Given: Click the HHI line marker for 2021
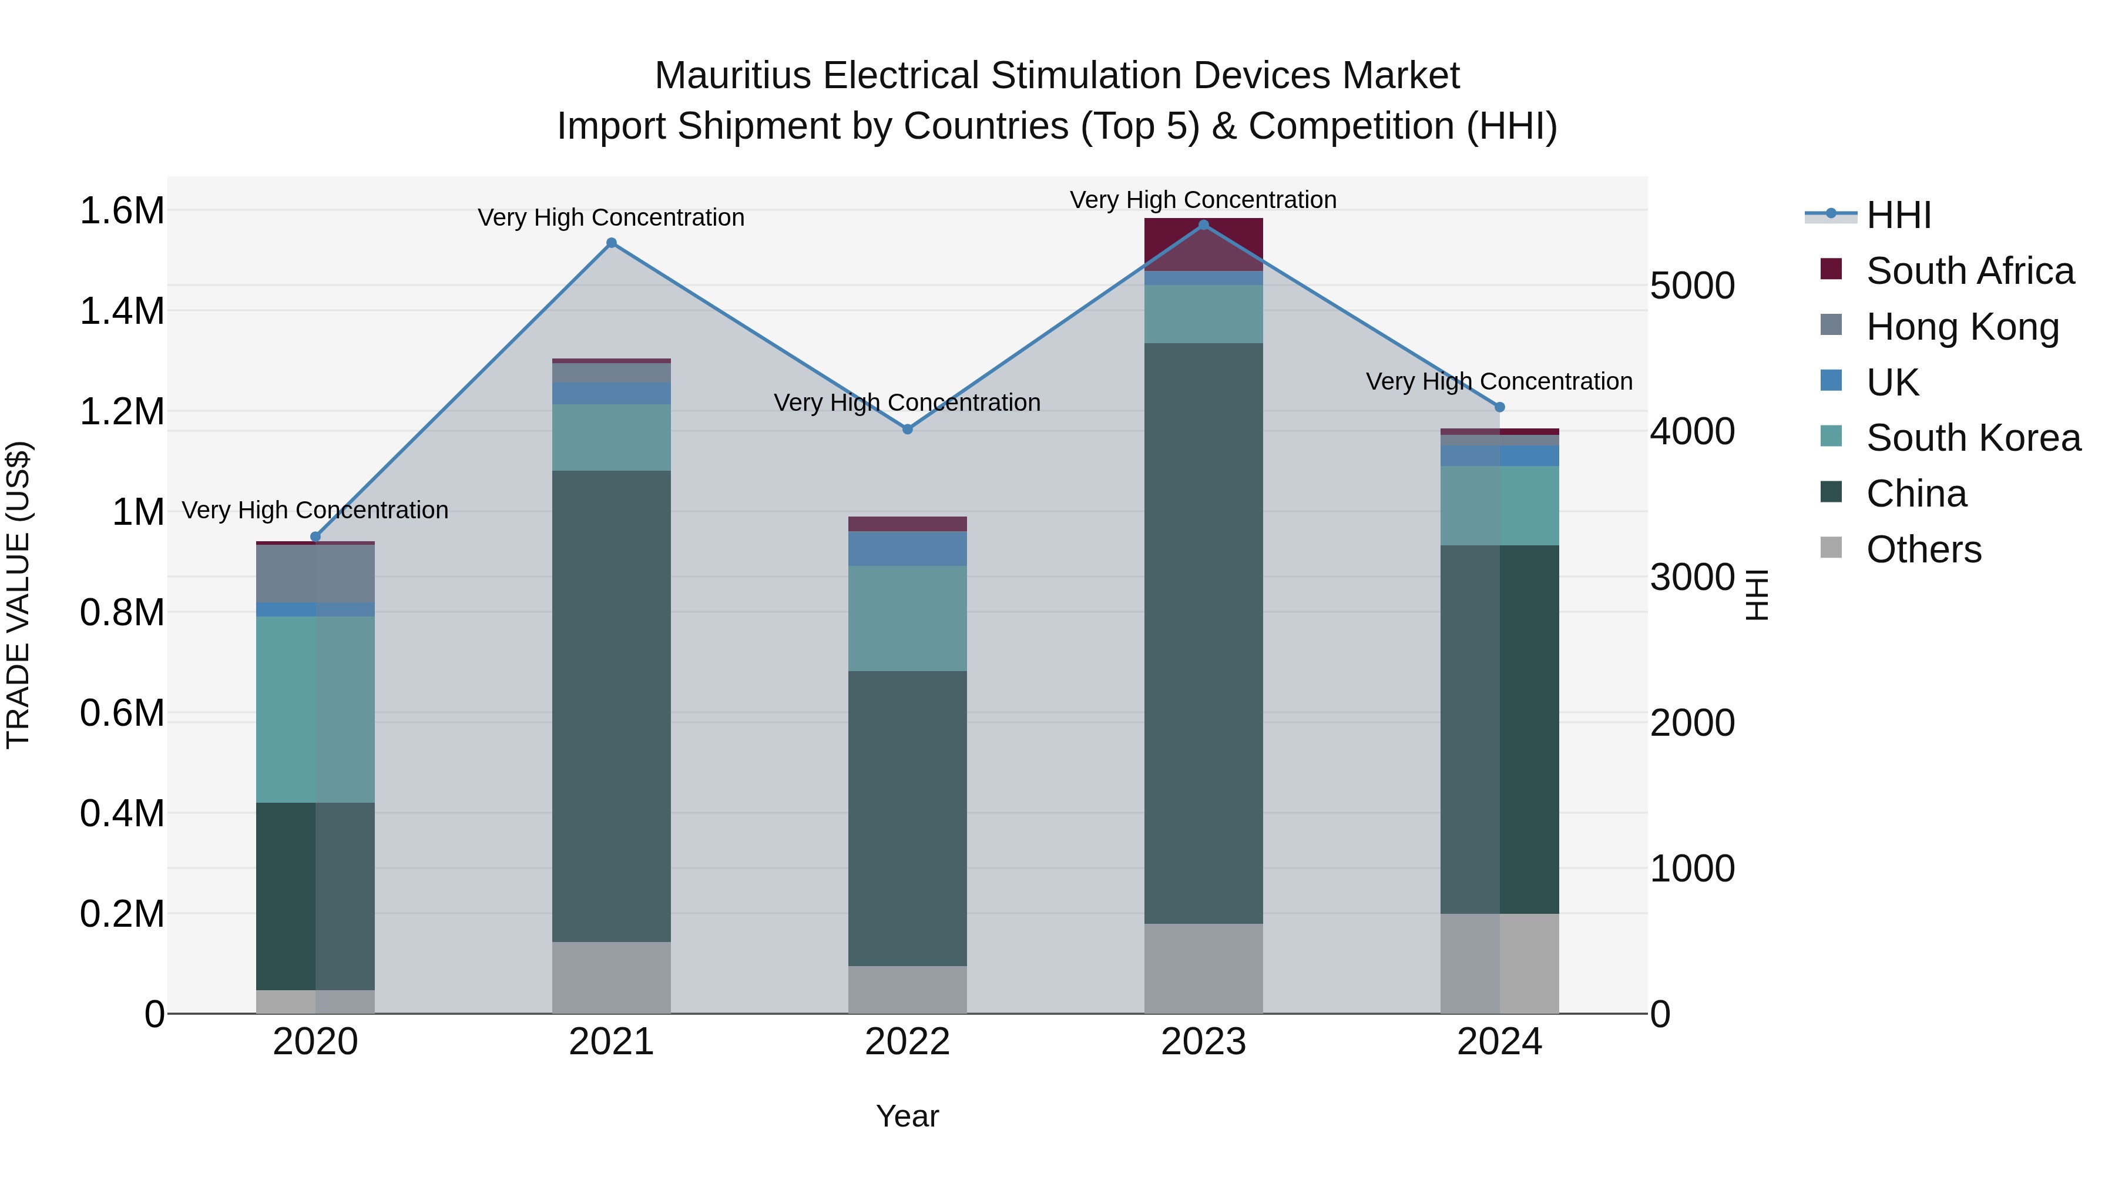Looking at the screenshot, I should coord(611,243).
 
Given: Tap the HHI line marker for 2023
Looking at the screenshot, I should coord(1204,225).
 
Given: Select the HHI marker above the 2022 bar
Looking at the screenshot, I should coord(907,430).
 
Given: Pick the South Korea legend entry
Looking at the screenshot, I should coord(1973,438).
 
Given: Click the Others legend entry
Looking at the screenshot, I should coord(1923,549).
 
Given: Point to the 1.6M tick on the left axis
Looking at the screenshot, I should coord(122,211).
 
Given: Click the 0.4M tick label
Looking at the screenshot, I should coord(122,814).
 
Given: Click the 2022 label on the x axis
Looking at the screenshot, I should coord(907,1042).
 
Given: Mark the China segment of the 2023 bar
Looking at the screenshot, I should coord(1204,632).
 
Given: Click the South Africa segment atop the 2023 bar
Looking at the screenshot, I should coord(1204,244).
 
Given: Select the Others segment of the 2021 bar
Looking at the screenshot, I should coord(611,977).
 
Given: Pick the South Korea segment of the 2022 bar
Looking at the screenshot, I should coord(907,618).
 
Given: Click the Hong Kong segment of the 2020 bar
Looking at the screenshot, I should coord(315,573).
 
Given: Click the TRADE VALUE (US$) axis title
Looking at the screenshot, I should coord(18,595).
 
